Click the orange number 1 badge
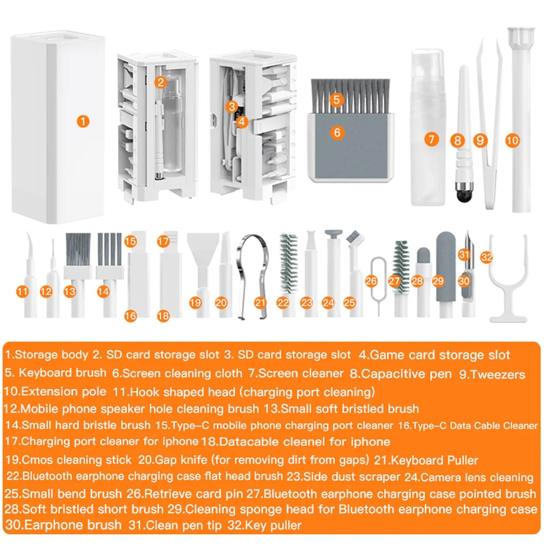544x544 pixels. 83,122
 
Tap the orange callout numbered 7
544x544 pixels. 432,139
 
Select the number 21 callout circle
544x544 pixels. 260,303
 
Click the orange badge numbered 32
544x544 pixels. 487,257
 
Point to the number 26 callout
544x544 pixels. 371,281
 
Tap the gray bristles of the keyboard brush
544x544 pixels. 350,96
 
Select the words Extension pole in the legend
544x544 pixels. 64,392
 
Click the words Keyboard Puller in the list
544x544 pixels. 435,461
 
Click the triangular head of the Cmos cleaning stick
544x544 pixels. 203,245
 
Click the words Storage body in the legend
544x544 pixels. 52,355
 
